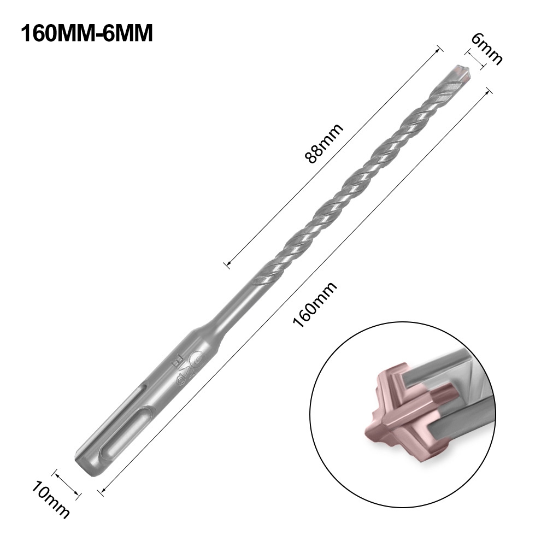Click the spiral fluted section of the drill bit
click(350, 180)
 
